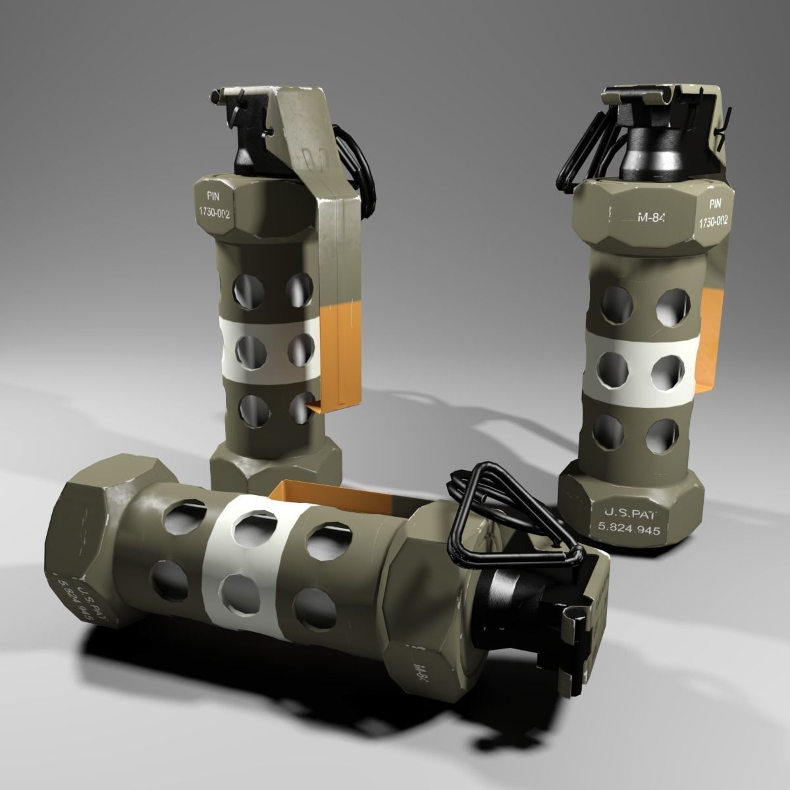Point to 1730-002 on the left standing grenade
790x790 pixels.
pos(214,213)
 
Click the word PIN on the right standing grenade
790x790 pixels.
pos(716,205)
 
